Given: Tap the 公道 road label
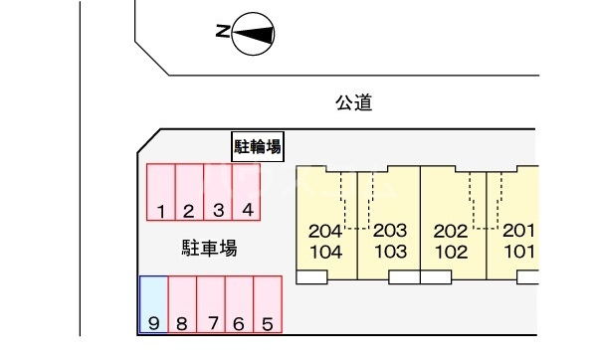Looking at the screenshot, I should (353, 101).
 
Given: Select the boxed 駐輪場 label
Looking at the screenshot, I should (257, 147).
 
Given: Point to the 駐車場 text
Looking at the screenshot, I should (209, 248).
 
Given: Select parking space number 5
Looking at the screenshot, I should (268, 304).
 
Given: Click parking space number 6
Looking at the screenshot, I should (239, 304).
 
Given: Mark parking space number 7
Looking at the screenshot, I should (210, 304).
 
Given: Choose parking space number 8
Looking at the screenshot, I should (182, 304).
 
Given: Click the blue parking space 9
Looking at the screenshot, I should (153, 304).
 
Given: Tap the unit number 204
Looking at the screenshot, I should (326, 231).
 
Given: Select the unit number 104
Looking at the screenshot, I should (326, 252).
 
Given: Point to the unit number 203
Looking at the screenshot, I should (390, 231).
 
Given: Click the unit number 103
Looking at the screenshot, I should (390, 252).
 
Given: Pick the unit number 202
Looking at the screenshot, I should (451, 231).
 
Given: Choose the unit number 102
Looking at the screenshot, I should (451, 252).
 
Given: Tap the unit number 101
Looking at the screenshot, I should (518, 252).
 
